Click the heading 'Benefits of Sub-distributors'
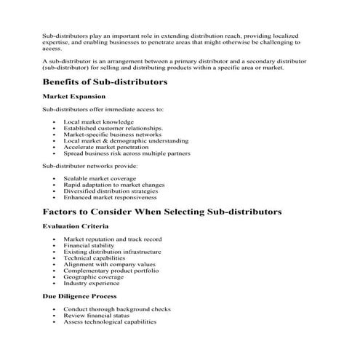tap(105, 82)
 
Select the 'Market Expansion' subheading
tap(74, 96)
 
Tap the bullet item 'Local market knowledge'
tap(98, 121)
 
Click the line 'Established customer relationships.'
tap(113, 128)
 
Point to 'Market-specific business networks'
tap(112, 135)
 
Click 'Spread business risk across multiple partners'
tap(127, 153)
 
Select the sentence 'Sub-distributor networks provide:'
tap(85, 166)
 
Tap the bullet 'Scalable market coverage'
tap(100, 178)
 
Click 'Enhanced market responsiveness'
tap(110, 197)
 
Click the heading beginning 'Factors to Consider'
tap(161, 212)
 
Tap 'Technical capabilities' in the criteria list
tap(97, 257)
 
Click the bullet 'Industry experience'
tap(93, 283)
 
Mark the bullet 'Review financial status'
tap(97, 315)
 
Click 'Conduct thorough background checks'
tap(117, 309)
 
